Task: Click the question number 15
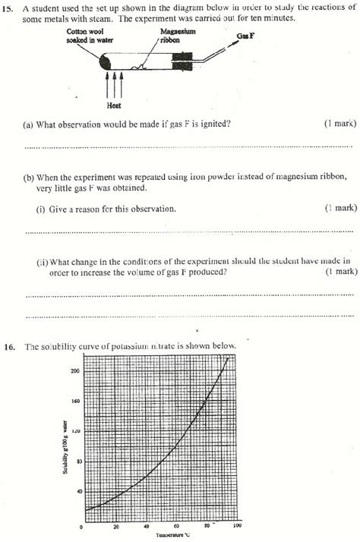click(9, 8)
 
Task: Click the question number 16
click(9, 347)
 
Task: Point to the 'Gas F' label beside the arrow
click(245, 37)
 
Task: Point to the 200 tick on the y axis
click(74, 370)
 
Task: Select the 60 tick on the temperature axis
click(176, 526)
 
